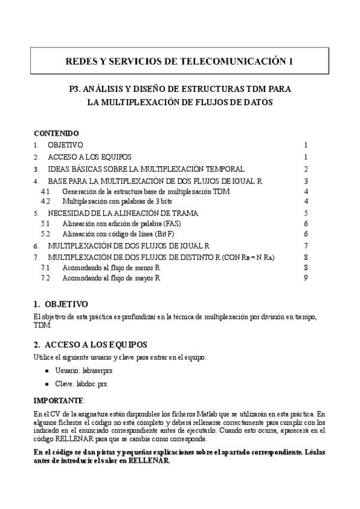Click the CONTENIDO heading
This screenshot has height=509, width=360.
[56, 133]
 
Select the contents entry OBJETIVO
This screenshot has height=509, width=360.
[65, 145]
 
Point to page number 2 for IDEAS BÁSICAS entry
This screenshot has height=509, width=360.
[305, 169]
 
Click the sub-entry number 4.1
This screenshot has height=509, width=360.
[45, 191]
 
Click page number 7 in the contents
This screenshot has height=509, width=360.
[305, 245]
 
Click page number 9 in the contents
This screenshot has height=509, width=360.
[305, 277]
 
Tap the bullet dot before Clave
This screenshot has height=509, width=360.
[47, 383]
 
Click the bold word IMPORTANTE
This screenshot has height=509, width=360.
[58, 400]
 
